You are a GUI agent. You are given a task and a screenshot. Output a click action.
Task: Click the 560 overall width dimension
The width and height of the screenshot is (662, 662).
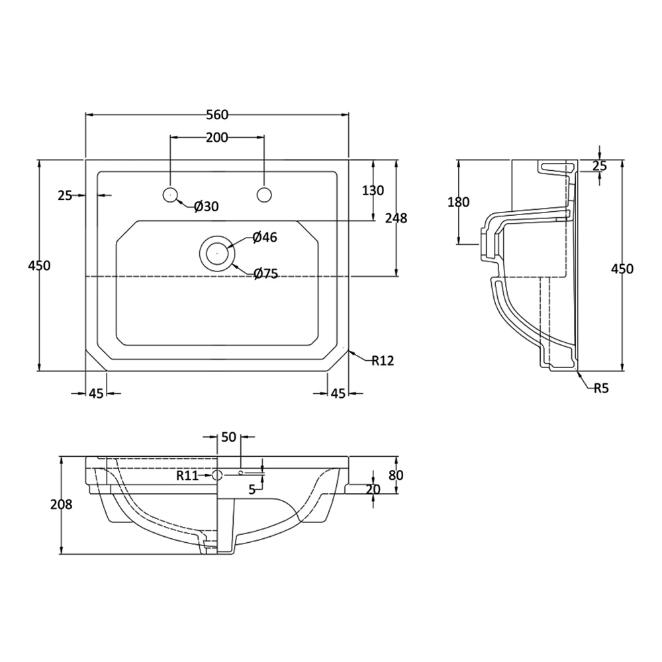216,115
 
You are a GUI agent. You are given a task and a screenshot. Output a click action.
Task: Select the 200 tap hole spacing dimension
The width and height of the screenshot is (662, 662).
216,138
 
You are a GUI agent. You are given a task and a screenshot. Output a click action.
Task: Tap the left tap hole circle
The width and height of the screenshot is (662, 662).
171,194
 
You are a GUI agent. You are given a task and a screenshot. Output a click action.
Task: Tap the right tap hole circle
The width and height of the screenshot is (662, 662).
264,194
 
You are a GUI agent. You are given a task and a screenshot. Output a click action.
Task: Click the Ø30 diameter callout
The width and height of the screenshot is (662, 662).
206,207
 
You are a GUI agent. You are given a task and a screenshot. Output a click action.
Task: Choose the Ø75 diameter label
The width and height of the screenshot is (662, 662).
265,273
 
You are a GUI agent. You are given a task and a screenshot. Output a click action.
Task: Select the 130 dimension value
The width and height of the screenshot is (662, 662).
373,191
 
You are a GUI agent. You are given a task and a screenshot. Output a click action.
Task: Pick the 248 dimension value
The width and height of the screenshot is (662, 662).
396,218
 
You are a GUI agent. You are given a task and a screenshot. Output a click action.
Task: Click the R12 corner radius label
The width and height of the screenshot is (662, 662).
383,361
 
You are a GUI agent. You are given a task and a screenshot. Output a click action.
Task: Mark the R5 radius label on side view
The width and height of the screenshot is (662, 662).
600,389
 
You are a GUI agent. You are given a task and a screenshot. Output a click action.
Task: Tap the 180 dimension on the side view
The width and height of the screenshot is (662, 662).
458,203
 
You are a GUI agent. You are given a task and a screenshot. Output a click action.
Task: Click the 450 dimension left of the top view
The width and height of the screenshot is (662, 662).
39,265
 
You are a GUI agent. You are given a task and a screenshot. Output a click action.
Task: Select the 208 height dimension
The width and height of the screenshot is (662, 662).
61,504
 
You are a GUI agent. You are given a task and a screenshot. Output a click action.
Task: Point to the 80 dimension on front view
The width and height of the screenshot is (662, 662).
396,475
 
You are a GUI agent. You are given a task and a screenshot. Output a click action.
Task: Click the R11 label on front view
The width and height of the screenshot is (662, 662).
187,475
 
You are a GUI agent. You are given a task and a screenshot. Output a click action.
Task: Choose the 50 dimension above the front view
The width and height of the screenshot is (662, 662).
228,437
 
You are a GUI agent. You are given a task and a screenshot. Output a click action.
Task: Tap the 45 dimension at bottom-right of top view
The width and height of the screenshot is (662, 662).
338,394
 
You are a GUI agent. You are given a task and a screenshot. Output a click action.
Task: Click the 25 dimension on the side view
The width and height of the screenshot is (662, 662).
599,166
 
